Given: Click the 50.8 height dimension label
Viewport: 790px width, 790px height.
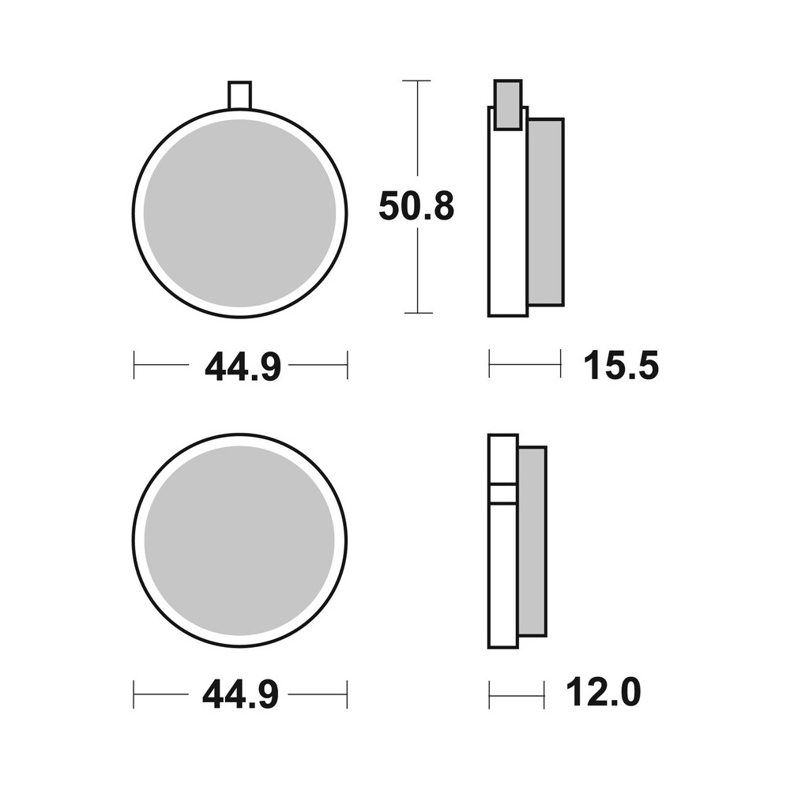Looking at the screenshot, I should [416, 206].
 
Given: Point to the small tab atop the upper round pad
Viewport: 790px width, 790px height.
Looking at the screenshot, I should [239, 94].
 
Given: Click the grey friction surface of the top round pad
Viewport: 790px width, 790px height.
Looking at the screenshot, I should [240, 213].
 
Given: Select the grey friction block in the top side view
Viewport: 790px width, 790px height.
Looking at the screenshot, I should [545, 211].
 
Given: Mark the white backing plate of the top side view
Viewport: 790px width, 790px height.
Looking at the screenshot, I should [507, 221].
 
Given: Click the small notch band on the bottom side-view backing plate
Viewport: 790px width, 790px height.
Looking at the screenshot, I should [503, 493].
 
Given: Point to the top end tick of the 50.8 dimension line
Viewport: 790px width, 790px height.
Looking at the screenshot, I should [416, 81].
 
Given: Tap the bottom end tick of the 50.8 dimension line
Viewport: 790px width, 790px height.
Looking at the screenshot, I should [416, 313].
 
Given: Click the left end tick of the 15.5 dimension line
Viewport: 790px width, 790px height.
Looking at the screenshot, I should [490, 365].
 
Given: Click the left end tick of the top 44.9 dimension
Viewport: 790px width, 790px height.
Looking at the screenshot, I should [134, 365].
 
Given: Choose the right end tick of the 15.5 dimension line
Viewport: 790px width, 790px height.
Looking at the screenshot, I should [561, 365].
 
